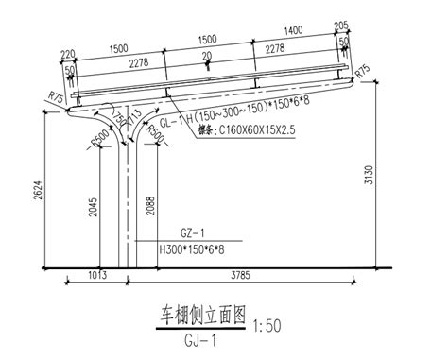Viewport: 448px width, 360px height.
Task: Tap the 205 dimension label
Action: tap(340, 26)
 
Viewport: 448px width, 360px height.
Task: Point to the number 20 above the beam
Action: tap(206, 58)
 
